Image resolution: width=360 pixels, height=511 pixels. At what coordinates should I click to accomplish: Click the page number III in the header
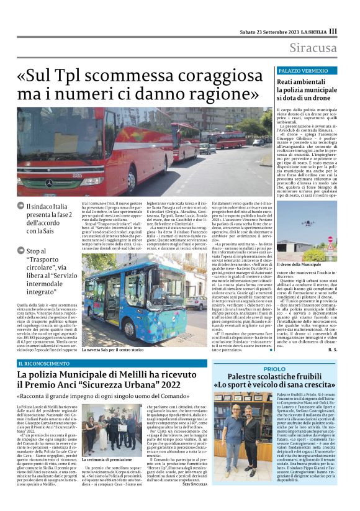pos(333,31)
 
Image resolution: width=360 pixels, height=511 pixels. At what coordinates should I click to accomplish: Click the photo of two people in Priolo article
pos(252,439)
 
